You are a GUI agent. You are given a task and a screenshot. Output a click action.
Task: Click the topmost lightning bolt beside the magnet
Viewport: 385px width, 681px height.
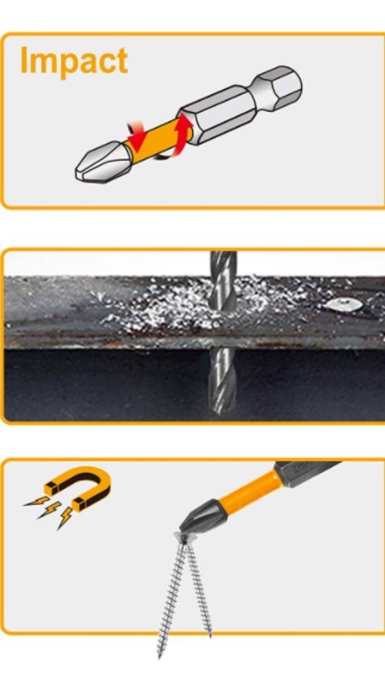36,501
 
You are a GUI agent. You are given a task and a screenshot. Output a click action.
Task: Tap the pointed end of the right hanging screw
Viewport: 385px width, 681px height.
210,635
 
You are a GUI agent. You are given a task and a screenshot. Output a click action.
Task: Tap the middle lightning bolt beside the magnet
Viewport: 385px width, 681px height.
49,510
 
